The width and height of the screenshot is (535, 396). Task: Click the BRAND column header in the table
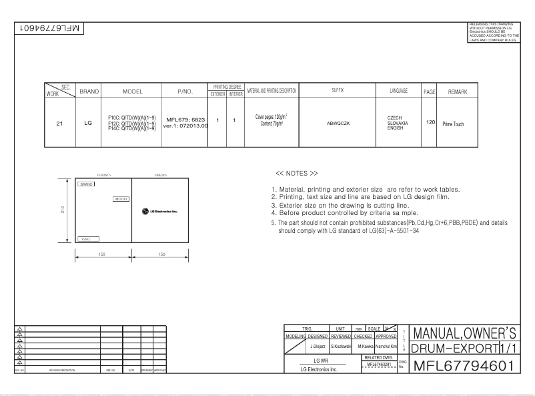[x=89, y=91]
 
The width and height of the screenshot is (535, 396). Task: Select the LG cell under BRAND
[x=88, y=123]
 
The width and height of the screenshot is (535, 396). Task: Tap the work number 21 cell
[x=60, y=123]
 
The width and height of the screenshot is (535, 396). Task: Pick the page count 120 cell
[x=431, y=123]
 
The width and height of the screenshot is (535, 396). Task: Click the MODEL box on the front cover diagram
[x=121, y=198]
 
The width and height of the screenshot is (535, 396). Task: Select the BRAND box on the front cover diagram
[x=86, y=184]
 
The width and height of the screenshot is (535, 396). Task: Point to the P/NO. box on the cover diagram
[x=89, y=238]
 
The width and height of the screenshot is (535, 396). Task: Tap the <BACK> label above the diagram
[x=160, y=174]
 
